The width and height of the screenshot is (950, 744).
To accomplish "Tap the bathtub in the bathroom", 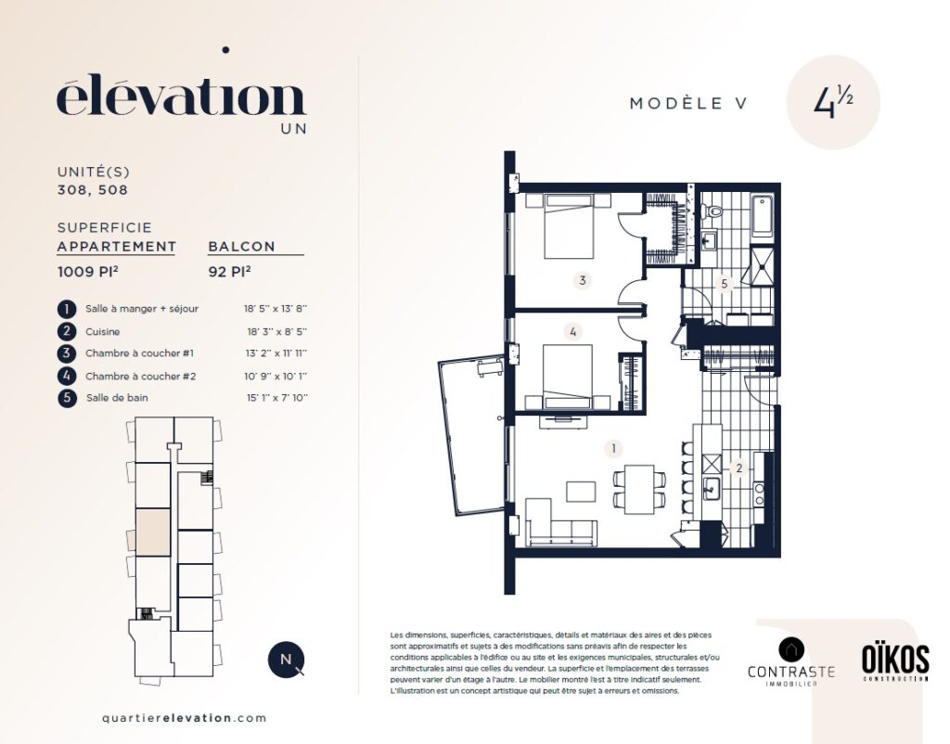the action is coord(763,217).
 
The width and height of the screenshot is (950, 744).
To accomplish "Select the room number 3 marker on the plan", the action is coord(583,280).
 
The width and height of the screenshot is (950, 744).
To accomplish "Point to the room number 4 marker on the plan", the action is coord(572,331).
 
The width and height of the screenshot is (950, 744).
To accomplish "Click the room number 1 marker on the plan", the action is coord(614,448).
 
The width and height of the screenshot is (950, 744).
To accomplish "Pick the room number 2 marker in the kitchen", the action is coord(738,468).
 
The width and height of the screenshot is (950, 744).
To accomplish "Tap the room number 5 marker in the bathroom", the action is coord(724,283).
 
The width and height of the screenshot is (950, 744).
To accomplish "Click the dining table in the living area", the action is coord(639,490).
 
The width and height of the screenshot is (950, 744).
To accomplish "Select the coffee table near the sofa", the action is coord(581,492).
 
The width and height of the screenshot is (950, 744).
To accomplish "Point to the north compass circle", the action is coord(286,660).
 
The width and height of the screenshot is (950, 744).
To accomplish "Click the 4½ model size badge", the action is coord(833,102).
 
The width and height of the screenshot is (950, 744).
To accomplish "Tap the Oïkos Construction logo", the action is coord(895,662).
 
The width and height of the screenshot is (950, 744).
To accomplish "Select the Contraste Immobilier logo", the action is coord(791,662).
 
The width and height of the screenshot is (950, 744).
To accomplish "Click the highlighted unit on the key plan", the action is coord(152,532).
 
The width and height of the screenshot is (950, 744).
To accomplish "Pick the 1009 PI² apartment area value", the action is coord(87,272).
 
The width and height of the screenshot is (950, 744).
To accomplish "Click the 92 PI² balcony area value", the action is coord(230,272).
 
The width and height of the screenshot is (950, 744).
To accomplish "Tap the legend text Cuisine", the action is coord(102,331).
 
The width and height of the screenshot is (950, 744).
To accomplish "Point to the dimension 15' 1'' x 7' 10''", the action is coord(276,398).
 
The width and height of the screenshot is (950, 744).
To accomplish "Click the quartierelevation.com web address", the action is coord(185,718).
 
